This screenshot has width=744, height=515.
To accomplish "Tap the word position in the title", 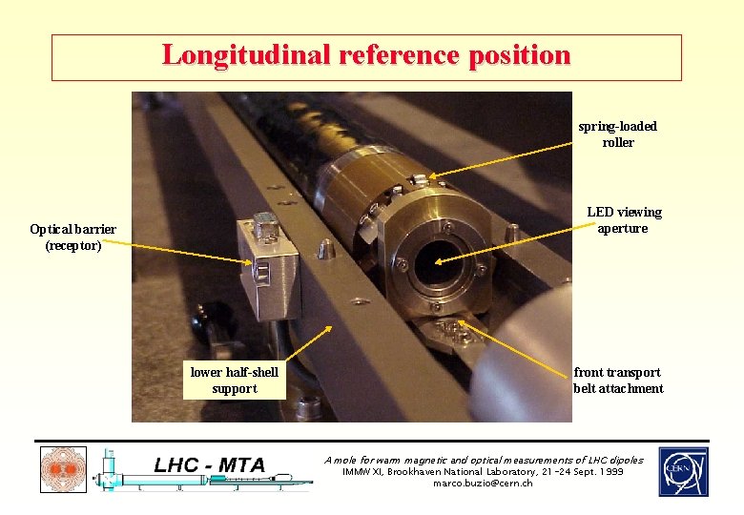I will click(x=519, y=54).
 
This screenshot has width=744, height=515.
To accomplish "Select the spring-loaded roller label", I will click(x=617, y=134).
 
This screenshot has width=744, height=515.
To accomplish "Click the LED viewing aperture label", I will click(x=624, y=220).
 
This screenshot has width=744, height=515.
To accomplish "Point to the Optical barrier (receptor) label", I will click(x=72, y=237).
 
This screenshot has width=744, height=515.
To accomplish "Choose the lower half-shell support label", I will click(x=235, y=381).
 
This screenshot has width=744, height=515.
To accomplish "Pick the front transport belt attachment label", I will click(x=618, y=381).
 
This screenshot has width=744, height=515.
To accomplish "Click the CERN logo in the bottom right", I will click(x=683, y=472).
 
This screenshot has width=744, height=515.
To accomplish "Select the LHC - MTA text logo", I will click(x=211, y=465).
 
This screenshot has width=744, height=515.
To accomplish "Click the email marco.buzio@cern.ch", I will click(x=483, y=484).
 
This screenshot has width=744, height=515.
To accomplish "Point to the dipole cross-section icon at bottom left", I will click(x=63, y=470).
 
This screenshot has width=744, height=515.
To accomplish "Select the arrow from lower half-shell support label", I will click(x=307, y=342).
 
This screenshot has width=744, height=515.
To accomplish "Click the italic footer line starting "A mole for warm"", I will click(x=484, y=460).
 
